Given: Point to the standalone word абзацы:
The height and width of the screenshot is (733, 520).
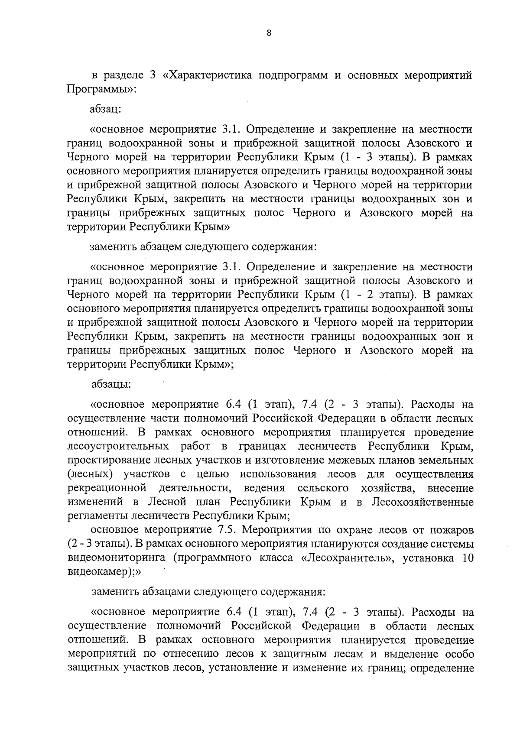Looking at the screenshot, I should [108, 384].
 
